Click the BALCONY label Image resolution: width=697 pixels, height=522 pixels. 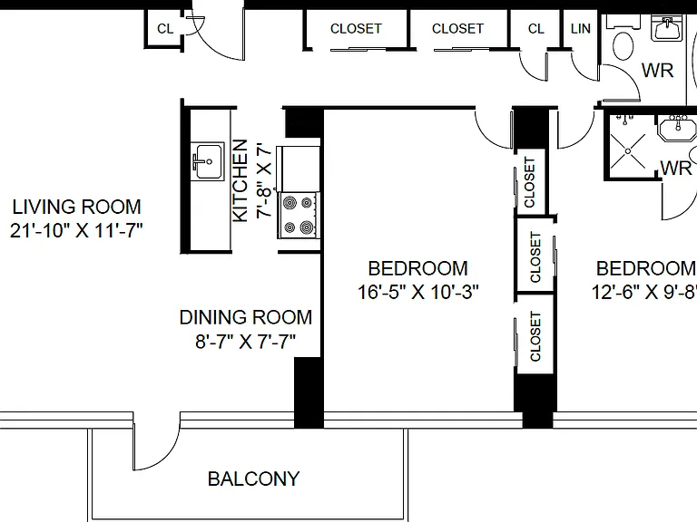pyautogui.click(x=253, y=478)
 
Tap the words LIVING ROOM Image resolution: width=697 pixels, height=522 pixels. pyautogui.click(x=76, y=207)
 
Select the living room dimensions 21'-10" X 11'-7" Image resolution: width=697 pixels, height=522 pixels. pyautogui.click(x=76, y=230)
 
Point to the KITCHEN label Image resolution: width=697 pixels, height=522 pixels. pyautogui.click(x=240, y=180)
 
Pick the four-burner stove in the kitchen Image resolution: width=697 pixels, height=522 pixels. pyautogui.click(x=299, y=216)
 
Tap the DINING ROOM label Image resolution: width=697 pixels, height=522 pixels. pyautogui.click(x=246, y=317)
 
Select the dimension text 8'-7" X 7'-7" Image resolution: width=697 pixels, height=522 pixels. pyautogui.click(x=246, y=342)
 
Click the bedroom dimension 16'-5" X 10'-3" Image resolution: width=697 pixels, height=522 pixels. pyautogui.click(x=418, y=292)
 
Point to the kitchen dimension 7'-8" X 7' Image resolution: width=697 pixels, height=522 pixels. pyautogui.click(x=263, y=180)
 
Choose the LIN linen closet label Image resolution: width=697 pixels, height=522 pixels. pyautogui.click(x=581, y=29)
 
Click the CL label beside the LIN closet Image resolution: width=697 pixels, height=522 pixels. pyautogui.click(x=536, y=29)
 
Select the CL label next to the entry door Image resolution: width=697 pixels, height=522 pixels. pyautogui.click(x=165, y=29)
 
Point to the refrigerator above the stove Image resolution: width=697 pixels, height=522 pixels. pyautogui.click(x=299, y=168)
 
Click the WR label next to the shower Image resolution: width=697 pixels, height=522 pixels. pyautogui.click(x=676, y=169)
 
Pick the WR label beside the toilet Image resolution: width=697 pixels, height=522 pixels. pyautogui.click(x=657, y=71)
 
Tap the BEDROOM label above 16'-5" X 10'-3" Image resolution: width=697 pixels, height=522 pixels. pyautogui.click(x=418, y=268)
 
